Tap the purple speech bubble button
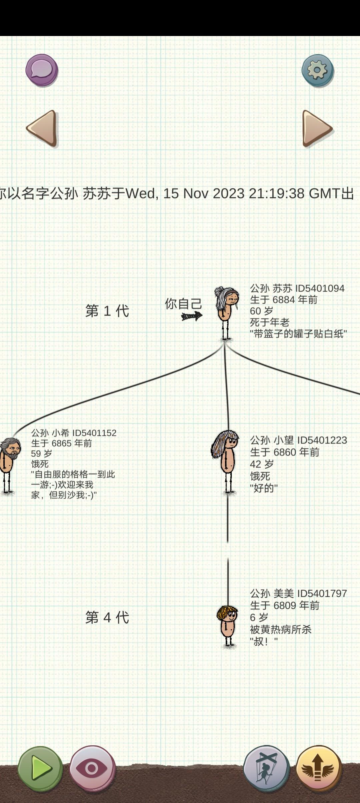(42, 70)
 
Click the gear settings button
(318, 71)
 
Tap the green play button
(40, 768)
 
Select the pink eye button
(92, 768)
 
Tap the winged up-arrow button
(319, 768)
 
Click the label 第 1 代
(107, 311)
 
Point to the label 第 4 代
(107, 617)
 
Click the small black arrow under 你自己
(192, 316)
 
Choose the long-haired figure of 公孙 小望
(226, 462)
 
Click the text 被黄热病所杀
(281, 629)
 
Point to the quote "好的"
(264, 488)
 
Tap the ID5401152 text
(94, 433)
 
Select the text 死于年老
(270, 322)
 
